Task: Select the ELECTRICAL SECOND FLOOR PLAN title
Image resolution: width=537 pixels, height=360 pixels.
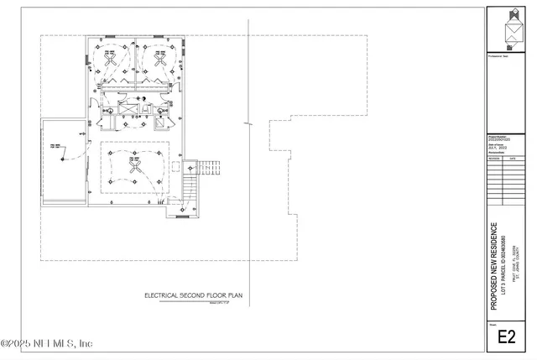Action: click(x=192, y=295)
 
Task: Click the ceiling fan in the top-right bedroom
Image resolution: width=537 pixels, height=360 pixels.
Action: click(x=159, y=61)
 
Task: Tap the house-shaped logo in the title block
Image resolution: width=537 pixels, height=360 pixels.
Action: click(x=507, y=31)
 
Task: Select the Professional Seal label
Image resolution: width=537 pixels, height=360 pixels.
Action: click(x=499, y=55)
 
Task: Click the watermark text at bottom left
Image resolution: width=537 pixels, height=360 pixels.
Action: click(x=47, y=343)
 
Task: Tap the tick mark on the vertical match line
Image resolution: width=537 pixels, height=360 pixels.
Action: click(x=247, y=123)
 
